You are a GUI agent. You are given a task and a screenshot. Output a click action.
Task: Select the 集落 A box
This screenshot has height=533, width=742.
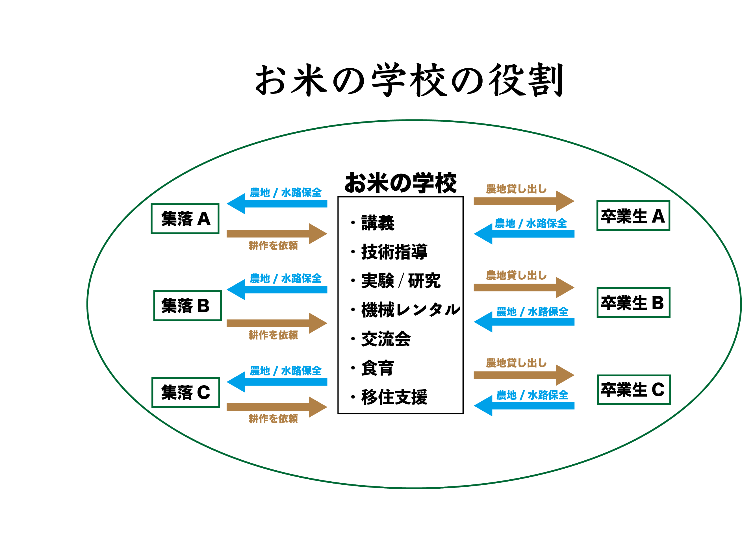[x=185, y=219]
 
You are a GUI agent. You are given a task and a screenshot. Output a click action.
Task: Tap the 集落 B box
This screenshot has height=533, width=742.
[x=187, y=305]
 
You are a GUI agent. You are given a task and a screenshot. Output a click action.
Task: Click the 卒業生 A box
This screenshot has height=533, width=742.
[x=633, y=216]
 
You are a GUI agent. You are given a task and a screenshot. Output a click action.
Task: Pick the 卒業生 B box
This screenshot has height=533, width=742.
[x=633, y=303]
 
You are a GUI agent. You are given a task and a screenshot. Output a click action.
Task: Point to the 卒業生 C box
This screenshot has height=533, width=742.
[x=634, y=390]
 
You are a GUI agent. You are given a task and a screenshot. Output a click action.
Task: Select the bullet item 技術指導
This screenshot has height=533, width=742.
[x=394, y=252]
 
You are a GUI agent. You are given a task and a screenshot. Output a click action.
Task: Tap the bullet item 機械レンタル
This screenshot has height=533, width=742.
[x=411, y=310]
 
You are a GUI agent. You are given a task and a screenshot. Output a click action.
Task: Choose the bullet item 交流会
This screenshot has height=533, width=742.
[x=386, y=339]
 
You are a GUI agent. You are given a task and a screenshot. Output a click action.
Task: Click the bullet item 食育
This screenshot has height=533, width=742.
[x=377, y=368]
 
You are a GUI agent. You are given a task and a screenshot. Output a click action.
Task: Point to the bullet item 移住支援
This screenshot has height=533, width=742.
[x=394, y=397]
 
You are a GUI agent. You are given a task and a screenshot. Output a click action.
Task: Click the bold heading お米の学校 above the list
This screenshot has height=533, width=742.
[x=400, y=183]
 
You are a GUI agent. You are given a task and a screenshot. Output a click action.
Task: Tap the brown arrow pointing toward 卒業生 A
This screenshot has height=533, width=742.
[x=524, y=201]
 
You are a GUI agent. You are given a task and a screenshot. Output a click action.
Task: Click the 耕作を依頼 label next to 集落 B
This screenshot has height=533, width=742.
[x=273, y=335]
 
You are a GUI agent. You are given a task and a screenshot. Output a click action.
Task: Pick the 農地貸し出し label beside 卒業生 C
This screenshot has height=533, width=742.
[x=516, y=363]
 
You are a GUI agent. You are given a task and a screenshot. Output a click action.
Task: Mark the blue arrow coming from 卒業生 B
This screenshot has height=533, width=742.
[x=524, y=322]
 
